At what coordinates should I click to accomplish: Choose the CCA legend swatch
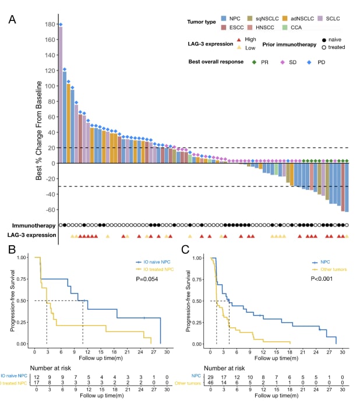(285, 27)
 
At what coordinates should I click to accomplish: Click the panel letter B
(12, 250)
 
